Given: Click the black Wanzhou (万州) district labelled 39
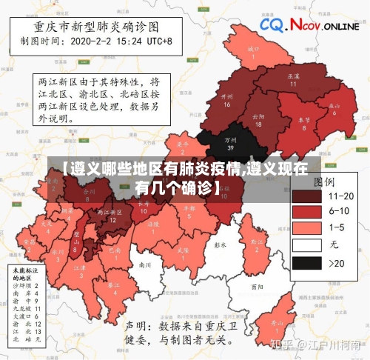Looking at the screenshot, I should pos(230,141).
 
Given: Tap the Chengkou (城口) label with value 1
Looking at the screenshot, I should pos(253,52).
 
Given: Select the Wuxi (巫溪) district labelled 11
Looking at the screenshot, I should pos(293,79).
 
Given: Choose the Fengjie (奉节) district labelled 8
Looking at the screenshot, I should pos(303,122).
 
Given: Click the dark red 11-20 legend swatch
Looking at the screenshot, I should pos(306,196).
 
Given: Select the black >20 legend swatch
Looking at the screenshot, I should pos(306,262).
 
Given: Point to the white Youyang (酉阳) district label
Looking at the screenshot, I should pos(257,285).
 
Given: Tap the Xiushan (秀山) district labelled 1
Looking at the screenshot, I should pos(277,326).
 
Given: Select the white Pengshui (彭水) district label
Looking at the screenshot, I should pos(219,244).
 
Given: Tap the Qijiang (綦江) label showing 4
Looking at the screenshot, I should pos(114,287).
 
